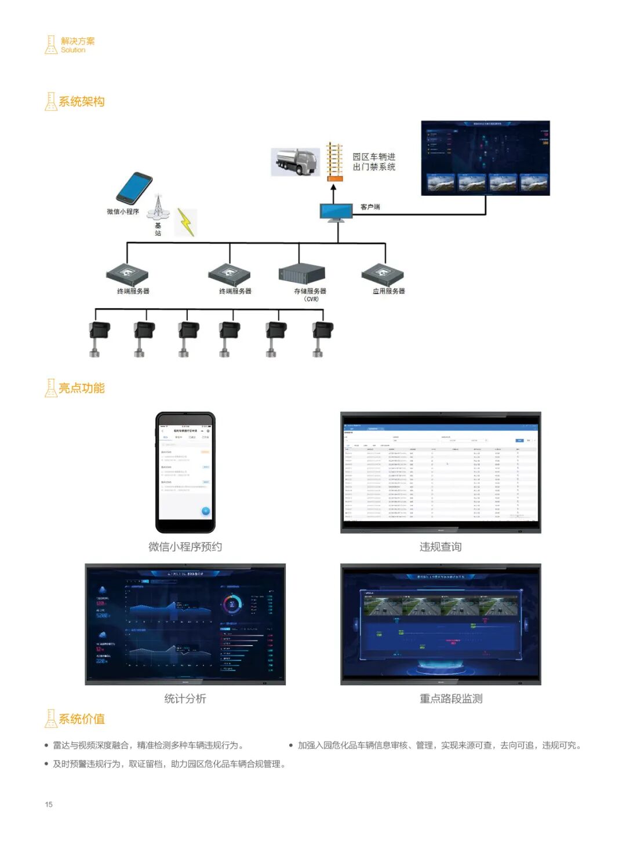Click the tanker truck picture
pos(296,162)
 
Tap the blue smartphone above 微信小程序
pos(134,187)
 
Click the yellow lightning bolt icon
pos(185,222)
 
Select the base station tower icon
pos(158,208)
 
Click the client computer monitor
pos(336,212)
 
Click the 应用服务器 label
pos(388,291)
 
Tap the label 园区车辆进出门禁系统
pos(374,162)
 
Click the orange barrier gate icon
pos(334,161)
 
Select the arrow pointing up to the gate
pos(333,191)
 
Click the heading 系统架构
pos(81,102)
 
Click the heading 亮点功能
pos(81,388)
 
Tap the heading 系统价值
pos(81,719)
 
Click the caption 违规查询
pos(441,547)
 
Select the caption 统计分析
pos(185,698)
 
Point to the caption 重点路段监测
pos(451,698)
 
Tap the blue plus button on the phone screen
pos(205,511)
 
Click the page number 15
pos(49,804)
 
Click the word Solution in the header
pos(73,50)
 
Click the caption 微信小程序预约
pos(185,547)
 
